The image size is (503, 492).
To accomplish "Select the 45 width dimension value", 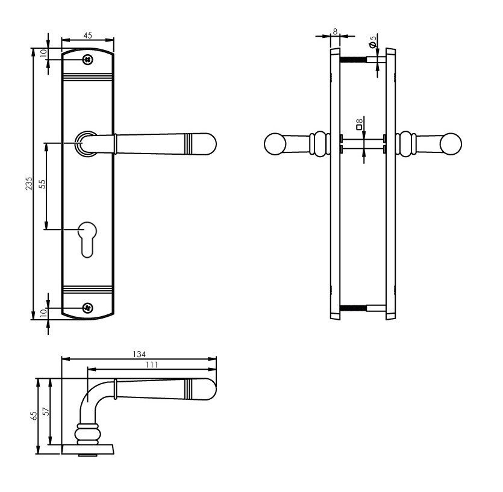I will point(87,36).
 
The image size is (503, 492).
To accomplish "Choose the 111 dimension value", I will point(151,365).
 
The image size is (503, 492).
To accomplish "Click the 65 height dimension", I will point(34,416).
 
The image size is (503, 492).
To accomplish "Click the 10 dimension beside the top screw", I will point(43,53).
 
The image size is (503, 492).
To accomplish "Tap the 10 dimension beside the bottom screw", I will point(43,313).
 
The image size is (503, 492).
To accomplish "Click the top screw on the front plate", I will point(88,59).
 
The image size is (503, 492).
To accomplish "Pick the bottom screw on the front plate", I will point(88,307).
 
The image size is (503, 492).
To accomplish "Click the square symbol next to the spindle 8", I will point(359,127).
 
